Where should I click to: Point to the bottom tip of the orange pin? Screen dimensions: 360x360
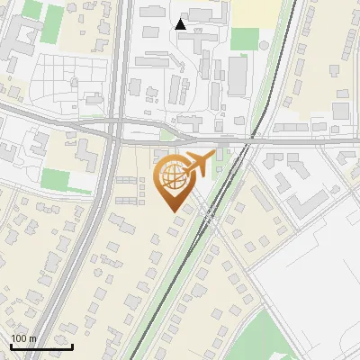[x=174, y=211]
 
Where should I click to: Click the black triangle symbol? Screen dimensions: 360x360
[x=181, y=24]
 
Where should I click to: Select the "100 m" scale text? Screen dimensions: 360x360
[x=23, y=338]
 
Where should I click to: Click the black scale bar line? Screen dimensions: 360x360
[x=41, y=346]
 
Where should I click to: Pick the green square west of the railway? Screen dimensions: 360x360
[x=244, y=39]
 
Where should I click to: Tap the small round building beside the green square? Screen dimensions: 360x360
[x=262, y=42]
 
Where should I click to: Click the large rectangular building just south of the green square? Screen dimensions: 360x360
[x=237, y=76]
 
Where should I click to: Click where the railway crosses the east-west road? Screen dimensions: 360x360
[x=245, y=141]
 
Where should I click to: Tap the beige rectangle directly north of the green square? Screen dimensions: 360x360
[x=256, y=11]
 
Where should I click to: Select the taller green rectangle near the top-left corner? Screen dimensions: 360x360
[x=32, y=10]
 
